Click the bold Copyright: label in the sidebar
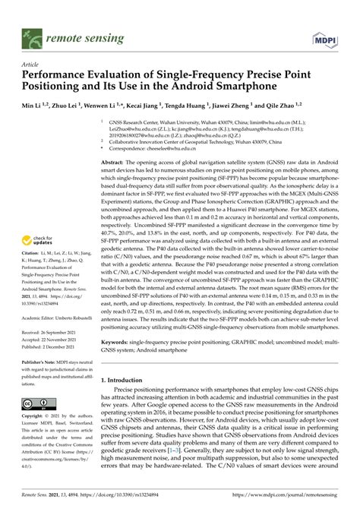click(34, 417)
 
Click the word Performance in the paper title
click(53, 76)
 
